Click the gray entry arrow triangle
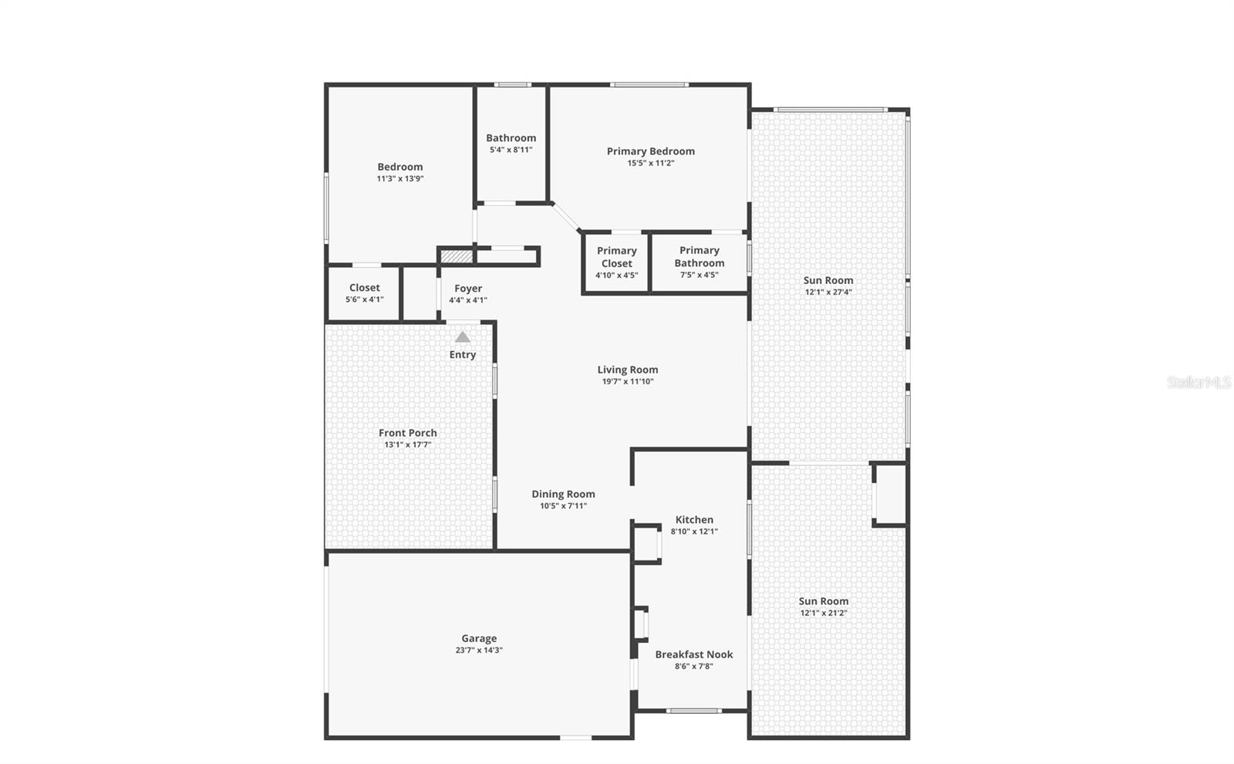click(x=462, y=337)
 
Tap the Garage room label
click(x=479, y=638)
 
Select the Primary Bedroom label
click(x=650, y=151)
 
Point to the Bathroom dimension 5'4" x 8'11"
click(x=511, y=150)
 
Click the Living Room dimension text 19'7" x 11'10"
click(x=627, y=381)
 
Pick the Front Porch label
click(x=407, y=433)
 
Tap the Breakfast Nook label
click(x=694, y=654)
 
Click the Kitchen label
click(x=694, y=519)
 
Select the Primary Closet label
click(x=616, y=256)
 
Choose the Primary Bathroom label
click(x=700, y=256)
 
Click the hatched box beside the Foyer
click(x=456, y=255)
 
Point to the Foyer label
click(x=468, y=288)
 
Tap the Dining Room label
click(x=563, y=494)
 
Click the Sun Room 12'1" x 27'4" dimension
click(x=828, y=292)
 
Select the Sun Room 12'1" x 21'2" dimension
click(x=824, y=614)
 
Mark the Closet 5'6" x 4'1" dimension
click(x=364, y=299)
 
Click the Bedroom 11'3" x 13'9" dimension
click(x=400, y=178)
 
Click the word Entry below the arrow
click(x=463, y=355)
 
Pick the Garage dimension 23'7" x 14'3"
click(x=479, y=650)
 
